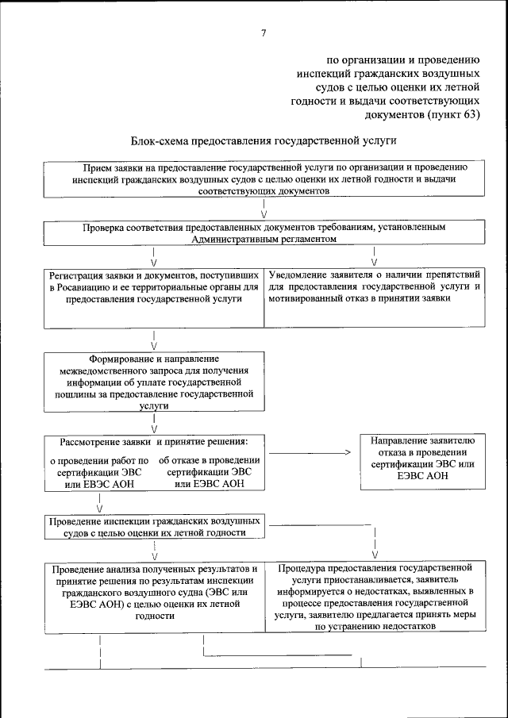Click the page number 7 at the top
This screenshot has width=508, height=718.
tap(264, 32)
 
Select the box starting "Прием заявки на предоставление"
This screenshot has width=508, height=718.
tap(264, 180)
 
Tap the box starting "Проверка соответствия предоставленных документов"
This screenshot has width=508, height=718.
tap(264, 232)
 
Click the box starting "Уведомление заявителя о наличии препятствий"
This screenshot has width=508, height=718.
tap(374, 298)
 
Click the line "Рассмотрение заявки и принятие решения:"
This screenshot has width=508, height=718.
tap(154, 441)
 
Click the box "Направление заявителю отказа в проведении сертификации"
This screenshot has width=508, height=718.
tap(421, 459)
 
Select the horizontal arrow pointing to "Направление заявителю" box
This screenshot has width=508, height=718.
tap(310, 453)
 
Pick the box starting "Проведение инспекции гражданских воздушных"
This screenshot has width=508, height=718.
tap(153, 528)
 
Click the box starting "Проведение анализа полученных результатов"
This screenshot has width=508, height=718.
tap(153, 597)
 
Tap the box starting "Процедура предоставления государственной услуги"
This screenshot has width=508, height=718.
tap(374, 597)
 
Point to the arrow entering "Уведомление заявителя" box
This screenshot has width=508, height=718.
tap(374, 258)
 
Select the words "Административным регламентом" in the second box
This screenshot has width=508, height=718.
tap(264, 238)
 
